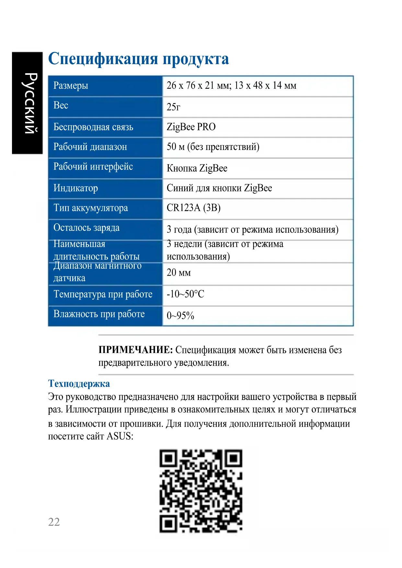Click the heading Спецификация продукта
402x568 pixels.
[x=138, y=59]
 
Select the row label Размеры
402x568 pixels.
[x=71, y=85]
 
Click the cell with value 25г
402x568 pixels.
[x=173, y=107]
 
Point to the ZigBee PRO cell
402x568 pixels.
[x=191, y=127]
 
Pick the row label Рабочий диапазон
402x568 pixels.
[x=90, y=147]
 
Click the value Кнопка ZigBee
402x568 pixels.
[x=197, y=168]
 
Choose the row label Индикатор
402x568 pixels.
[x=75, y=188]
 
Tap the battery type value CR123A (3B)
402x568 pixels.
[x=193, y=208]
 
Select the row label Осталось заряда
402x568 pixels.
[x=86, y=228]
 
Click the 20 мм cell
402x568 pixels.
[x=178, y=273]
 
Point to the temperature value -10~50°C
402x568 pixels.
[x=185, y=294]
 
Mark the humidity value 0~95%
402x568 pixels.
[x=180, y=315]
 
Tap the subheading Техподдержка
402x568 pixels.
[x=79, y=384]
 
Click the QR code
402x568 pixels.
[x=201, y=491]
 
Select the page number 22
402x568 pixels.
[x=54, y=522]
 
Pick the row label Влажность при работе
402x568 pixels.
[x=99, y=314]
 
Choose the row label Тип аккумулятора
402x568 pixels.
[x=91, y=208]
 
